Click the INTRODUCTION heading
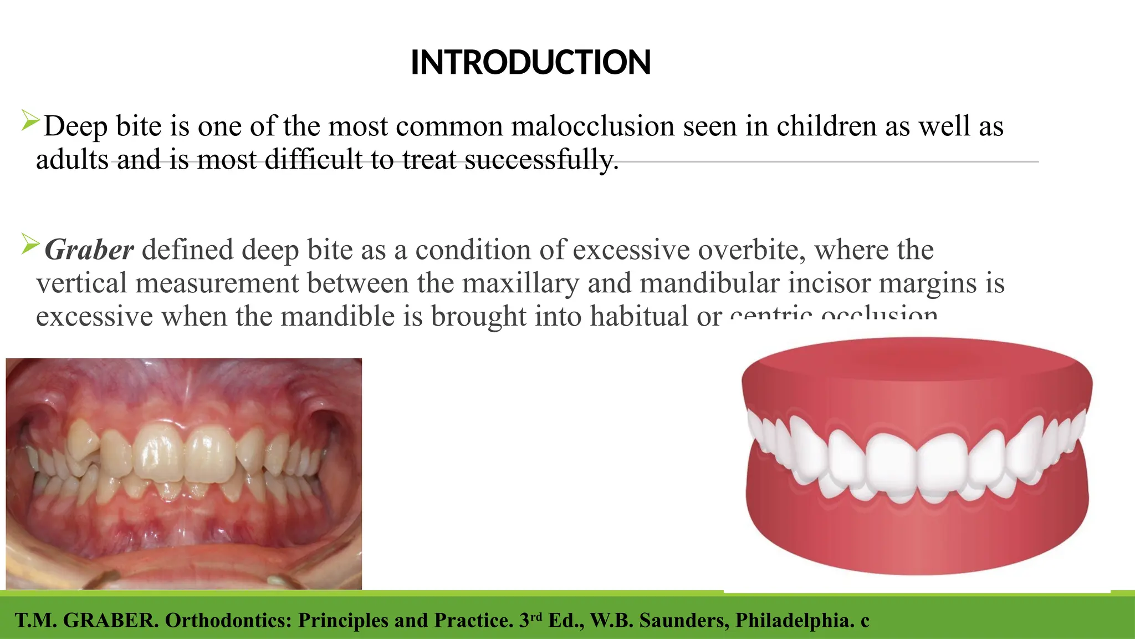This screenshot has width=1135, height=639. [x=530, y=62]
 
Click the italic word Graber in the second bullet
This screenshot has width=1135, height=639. [x=89, y=250]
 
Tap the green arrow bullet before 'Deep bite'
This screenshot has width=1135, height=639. [x=30, y=120]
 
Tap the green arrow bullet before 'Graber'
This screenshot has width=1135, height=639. [x=30, y=244]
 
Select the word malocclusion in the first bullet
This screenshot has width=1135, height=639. [x=592, y=126]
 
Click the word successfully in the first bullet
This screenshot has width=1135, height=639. [x=541, y=160]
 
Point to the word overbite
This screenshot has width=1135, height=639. [x=751, y=250]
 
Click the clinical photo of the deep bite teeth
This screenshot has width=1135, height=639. [x=183, y=474]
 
